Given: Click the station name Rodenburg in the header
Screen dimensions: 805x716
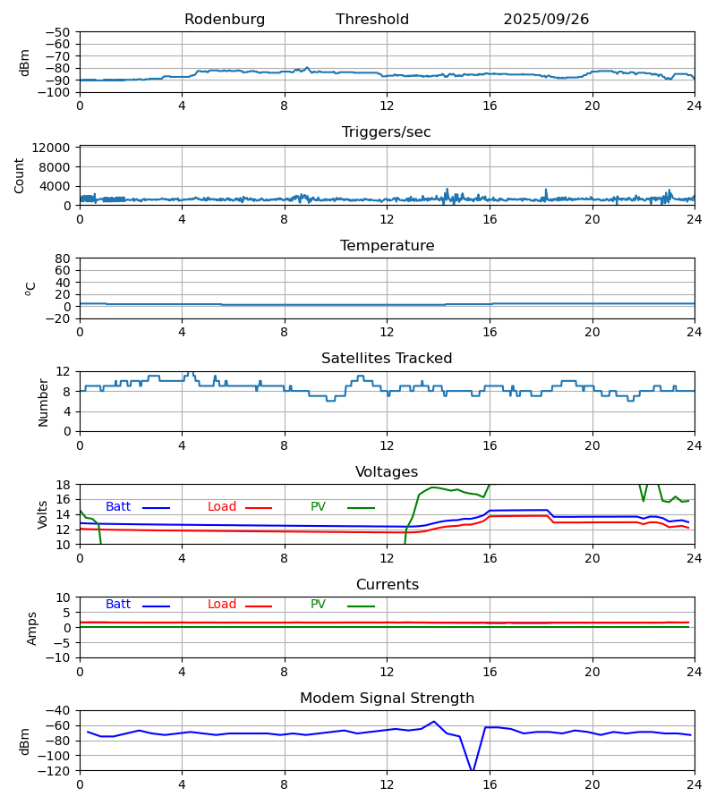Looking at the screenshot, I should coord(225,20).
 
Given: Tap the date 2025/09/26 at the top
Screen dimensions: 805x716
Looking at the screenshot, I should coord(546,20).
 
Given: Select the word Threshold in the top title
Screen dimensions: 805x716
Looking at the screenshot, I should coord(372,20).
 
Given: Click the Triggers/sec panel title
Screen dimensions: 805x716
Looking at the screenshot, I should coord(387,132).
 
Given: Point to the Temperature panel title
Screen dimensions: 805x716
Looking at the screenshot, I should coord(387,246).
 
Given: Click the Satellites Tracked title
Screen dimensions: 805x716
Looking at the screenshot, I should coord(387,359).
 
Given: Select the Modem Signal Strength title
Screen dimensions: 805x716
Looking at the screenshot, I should coord(387,699).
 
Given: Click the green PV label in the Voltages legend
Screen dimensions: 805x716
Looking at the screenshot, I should coord(318,507).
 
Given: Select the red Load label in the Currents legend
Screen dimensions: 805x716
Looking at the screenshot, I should coord(222,605).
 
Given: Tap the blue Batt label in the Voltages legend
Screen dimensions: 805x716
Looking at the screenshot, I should coord(118,507).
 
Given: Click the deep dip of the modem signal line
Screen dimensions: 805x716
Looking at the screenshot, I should coord(472,769).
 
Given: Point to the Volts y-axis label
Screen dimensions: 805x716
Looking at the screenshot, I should coord(43,514).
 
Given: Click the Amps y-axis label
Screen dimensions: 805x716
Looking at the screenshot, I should coord(32,628).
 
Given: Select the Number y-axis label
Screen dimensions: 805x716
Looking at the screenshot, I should coord(43,402).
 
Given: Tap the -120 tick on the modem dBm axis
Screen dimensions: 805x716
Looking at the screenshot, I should coord(56,771).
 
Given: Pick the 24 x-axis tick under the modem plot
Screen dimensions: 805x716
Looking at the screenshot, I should coord(695,784).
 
